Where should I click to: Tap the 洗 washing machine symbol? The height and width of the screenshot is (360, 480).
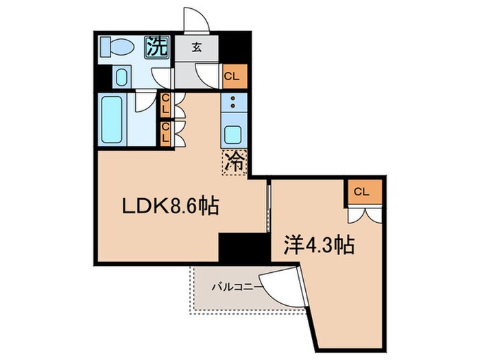point(157,47)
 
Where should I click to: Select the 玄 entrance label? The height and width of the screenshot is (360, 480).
point(197,47)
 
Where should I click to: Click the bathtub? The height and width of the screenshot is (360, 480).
point(112,119)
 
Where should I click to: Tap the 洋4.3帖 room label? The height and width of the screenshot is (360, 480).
point(318,245)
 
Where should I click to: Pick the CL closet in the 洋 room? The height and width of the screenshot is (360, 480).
point(362,191)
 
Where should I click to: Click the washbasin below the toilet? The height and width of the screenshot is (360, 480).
point(121,76)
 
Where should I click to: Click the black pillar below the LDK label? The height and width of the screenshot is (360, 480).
point(243,247)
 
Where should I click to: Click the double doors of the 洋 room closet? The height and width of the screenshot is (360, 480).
point(362,213)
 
